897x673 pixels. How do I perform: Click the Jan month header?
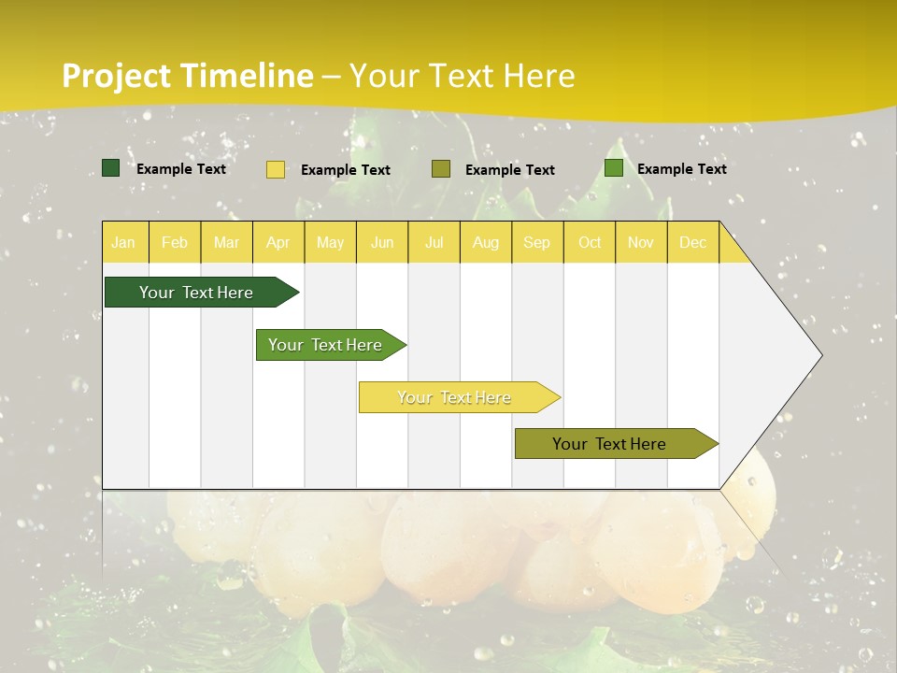[123, 242]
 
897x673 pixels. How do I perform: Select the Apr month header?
[278, 242]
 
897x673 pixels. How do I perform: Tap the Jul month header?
[434, 242]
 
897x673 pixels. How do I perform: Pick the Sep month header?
[537, 242]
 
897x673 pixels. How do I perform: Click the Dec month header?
[692, 242]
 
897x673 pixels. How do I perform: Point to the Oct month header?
[590, 242]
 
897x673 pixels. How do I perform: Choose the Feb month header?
[175, 242]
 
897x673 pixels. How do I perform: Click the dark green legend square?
[111, 168]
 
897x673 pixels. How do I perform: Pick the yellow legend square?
[276, 169]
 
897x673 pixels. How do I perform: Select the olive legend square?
[441, 169]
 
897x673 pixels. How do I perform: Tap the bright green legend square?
[614, 168]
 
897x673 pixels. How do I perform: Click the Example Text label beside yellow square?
[346, 170]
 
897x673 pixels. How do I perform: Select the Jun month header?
[382, 242]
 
